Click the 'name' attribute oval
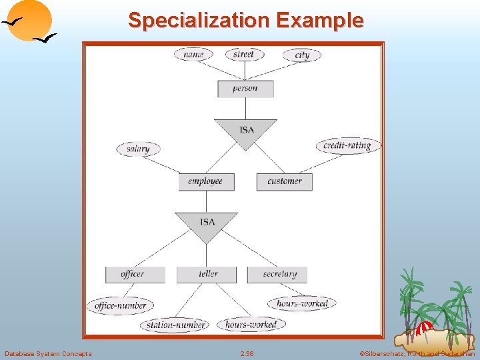click(193, 54)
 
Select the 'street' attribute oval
click(244, 54)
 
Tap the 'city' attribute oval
click(302, 55)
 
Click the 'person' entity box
click(245, 88)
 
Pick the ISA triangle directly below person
click(246, 131)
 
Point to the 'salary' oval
click(138, 149)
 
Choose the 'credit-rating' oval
click(347, 145)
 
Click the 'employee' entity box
click(205, 181)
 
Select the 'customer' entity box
click(285, 181)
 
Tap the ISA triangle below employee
click(207, 225)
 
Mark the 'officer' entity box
click(133, 274)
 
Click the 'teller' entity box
click(207, 274)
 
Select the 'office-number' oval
click(121, 306)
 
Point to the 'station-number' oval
click(175, 325)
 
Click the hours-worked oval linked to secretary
click(302, 303)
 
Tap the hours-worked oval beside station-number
click(251, 325)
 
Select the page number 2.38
click(247, 353)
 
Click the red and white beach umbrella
click(424, 328)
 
